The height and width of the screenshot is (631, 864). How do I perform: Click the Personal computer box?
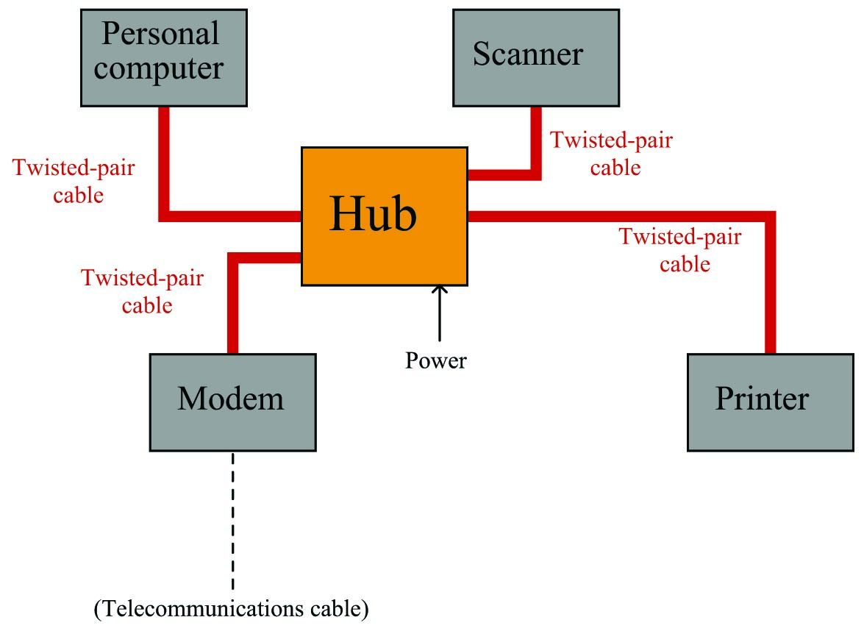point(164,58)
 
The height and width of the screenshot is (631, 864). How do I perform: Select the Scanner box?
point(536,58)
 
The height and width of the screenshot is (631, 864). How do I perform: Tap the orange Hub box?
point(385,216)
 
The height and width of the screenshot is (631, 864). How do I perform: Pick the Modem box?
point(233,402)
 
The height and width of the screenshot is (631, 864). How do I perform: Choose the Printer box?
point(771,402)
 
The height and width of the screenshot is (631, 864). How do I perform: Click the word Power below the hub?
point(436,360)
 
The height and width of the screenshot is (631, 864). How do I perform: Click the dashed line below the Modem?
point(233,521)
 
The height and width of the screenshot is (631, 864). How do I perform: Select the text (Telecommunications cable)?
point(232,608)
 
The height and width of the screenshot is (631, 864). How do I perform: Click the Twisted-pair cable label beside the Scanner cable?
point(612,154)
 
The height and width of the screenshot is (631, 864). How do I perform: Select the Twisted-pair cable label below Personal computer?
point(74,182)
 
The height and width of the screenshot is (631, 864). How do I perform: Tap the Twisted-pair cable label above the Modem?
point(143,291)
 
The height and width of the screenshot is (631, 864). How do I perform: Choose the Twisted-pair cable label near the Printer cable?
point(680,250)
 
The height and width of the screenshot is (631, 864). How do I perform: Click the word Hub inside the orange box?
point(373,214)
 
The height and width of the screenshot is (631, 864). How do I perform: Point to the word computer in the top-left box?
point(159,69)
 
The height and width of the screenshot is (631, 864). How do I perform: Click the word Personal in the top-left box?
point(160,34)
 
